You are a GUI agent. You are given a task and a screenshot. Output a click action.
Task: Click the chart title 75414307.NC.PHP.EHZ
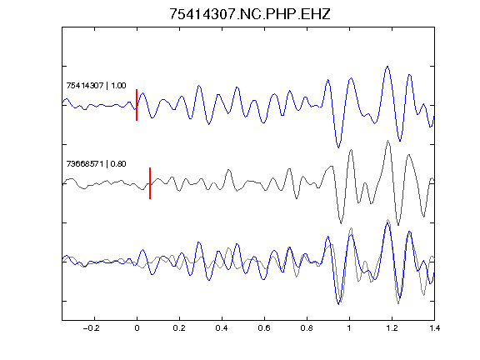point(250,14)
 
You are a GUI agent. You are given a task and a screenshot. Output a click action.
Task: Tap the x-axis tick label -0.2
point(92,328)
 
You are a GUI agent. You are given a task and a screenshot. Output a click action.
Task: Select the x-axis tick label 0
point(137,328)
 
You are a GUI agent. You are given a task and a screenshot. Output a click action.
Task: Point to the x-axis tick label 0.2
point(179,328)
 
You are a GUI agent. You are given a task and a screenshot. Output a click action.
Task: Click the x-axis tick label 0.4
point(222,328)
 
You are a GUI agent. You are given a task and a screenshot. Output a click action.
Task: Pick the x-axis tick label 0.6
point(264,328)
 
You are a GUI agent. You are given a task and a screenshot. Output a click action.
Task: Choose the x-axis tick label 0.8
point(307,328)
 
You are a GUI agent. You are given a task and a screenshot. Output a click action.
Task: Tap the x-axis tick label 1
point(349,328)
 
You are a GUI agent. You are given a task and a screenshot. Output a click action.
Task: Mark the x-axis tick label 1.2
point(392,328)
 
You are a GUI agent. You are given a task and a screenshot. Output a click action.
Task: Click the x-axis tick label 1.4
point(434,328)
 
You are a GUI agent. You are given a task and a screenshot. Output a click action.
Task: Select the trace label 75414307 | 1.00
point(96,86)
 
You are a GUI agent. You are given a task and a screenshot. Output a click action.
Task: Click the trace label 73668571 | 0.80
point(96,164)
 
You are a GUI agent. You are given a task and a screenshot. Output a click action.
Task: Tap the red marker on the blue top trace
point(137,105)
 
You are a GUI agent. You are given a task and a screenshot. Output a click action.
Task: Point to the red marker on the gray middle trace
point(150,183)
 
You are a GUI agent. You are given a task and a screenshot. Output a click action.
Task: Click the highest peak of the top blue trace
point(387,66)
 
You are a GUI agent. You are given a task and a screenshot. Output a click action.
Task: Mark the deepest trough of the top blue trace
point(338,147)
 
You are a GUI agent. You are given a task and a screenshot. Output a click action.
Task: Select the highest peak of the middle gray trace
point(388,141)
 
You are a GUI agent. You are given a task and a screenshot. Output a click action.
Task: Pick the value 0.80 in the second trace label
point(118,164)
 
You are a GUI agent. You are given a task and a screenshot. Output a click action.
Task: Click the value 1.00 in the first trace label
point(118,86)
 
